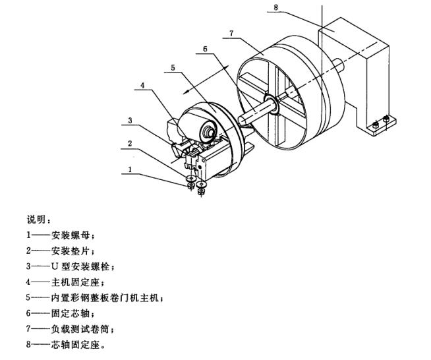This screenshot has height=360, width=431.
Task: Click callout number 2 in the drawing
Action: coord(130,142)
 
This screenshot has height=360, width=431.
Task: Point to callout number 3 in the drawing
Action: coord(130,120)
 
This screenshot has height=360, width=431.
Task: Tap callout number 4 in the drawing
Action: coord(144,84)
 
